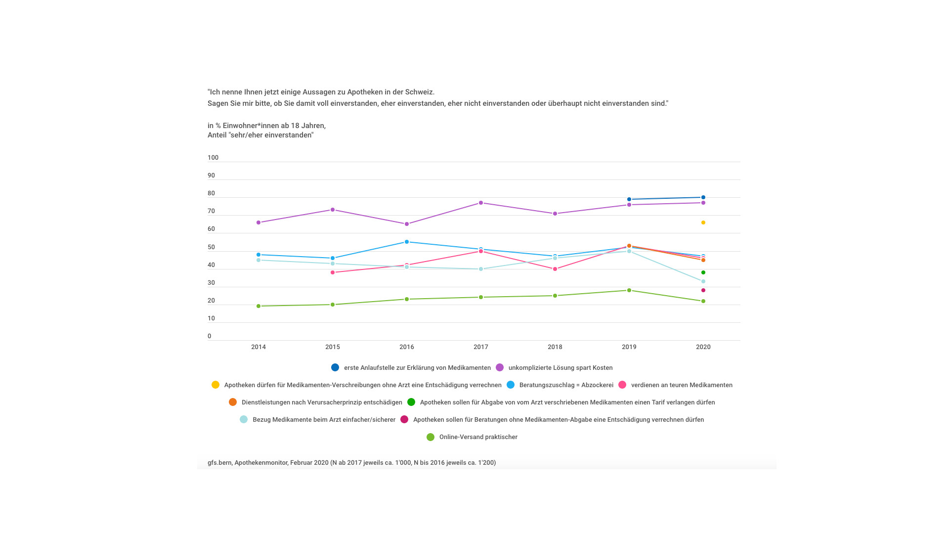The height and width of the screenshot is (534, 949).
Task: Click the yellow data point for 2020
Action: pyautogui.click(x=703, y=222)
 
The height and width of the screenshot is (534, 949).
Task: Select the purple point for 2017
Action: pyautogui.click(x=481, y=203)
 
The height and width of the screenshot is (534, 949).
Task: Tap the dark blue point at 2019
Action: pyautogui.click(x=629, y=199)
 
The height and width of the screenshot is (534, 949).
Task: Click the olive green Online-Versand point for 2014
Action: pyautogui.click(x=259, y=306)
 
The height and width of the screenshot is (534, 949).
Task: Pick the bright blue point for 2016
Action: pyautogui.click(x=407, y=242)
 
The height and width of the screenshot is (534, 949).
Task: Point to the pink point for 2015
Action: pyautogui.click(x=333, y=272)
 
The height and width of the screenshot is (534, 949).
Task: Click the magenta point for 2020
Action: pyautogui.click(x=703, y=290)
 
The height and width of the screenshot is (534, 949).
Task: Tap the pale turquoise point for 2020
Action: pyautogui.click(x=703, y=281)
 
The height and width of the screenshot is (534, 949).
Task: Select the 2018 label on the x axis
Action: pyautogui.click(x=555, y=347)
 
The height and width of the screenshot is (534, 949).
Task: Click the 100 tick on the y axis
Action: pyautogui.click(x=213, y=158)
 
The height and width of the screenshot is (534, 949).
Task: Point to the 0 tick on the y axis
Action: pyautogui.click(x=210, y=336)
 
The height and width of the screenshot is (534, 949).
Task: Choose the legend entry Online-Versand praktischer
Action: pyautogui.click(x=478, y=437)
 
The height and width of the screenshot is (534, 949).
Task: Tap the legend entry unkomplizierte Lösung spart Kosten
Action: pyautogui.click(x=560, y=368)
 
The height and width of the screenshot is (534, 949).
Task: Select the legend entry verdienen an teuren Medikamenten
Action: pyautogui.click(x=682, y=385)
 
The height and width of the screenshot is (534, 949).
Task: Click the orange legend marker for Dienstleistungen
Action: pyautogui.click(x=233, y=402)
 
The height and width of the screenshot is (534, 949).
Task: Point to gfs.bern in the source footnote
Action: pyautogui.click(x=219, y=463)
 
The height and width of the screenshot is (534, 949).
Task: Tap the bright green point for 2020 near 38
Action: pyautogui.click(x=703, y=272)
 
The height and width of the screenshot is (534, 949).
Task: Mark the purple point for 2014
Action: pyautogui.click(x=259, y=222)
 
